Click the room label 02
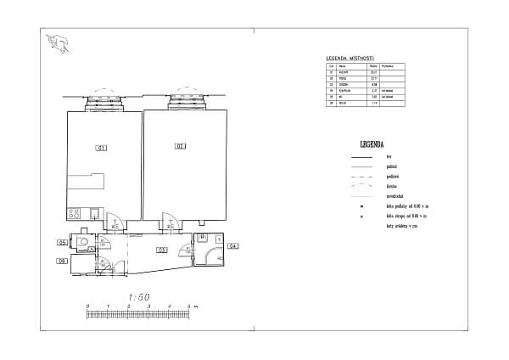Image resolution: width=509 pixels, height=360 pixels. point(180,147)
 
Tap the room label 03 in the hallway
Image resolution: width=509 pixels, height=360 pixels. point(159,250)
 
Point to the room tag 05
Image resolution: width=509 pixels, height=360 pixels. point(62,244)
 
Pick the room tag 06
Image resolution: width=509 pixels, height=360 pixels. point(62,261)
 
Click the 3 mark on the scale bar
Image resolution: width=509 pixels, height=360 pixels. point(148,306)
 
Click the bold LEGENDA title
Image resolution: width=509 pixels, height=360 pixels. point(372,145)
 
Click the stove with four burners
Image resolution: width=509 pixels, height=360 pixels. point(74,214)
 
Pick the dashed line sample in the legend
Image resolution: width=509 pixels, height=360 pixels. point(363,176)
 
